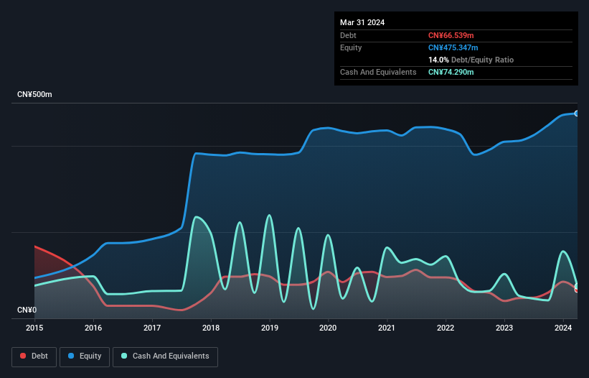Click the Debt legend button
point(34,356)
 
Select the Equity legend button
point(85,356)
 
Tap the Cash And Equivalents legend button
point(165,356)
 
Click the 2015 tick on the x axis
point(34,328)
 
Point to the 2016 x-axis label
point(93,328)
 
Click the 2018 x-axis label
point(211,328)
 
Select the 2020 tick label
point(328,328)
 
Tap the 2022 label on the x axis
point(446,328)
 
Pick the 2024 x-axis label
point(563,328)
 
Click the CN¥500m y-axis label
point(34,95)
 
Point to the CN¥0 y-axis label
point(27,310)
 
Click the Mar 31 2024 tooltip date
point(362,22)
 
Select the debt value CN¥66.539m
point(451,35)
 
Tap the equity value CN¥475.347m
point(453,47)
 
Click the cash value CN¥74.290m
point(451,72)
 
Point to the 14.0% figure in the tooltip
point(438,60)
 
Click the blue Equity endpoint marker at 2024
point(576,114)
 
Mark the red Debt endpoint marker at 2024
point(576,289)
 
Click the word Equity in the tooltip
point(351,47)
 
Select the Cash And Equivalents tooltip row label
point(378,72)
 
